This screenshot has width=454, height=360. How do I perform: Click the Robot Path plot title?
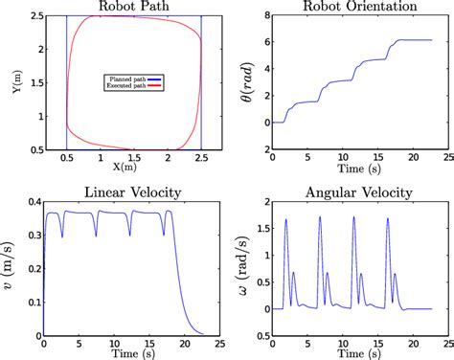pos(133,7)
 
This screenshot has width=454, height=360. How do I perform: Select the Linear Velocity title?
pos(133,192)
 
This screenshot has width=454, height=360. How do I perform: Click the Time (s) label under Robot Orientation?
pos(352,168)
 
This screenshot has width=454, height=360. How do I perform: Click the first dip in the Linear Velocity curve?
pos(61,237)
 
